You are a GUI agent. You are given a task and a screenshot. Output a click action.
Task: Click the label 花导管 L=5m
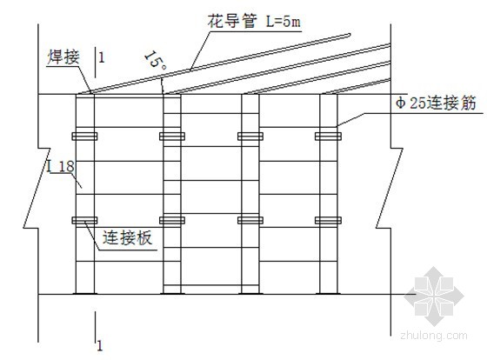coord(254,22)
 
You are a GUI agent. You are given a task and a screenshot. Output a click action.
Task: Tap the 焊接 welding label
coord(63,57)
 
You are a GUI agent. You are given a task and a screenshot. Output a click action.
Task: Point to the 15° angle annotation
coord(156,60)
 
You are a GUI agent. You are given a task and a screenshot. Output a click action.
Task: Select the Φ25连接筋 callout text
coord(436,103)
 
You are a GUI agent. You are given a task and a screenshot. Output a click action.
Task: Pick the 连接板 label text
coord(128,237)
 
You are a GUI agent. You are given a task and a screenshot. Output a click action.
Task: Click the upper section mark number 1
coord(101,57)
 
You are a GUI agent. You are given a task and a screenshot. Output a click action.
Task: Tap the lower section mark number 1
coord(99,346)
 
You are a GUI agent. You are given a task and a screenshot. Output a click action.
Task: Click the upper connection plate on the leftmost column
coord(84,136)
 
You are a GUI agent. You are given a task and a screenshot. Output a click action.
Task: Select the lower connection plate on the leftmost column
coord(84,220)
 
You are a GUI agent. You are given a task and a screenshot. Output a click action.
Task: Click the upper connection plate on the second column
coord(172,136)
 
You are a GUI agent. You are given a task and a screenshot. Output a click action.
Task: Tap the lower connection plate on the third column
coord(250,220)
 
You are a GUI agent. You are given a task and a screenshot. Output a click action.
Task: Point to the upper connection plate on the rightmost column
coord(329,136)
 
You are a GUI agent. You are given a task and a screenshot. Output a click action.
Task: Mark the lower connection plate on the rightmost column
coord(329,220)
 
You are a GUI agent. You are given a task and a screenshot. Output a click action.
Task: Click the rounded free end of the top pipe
coord(350,35)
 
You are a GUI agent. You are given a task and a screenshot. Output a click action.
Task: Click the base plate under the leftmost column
coord(85,293)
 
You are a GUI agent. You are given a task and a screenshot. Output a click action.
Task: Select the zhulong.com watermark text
coord(434,336)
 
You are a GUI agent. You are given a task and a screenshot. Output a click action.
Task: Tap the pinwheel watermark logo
coord(434,296)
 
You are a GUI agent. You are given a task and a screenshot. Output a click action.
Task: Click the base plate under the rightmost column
coord(329,293)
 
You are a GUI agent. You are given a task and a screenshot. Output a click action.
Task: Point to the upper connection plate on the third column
coord(250,136)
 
